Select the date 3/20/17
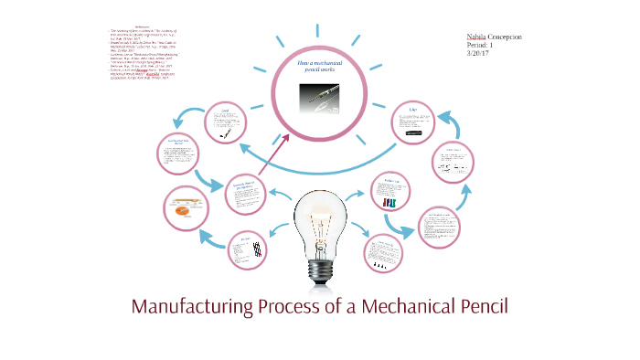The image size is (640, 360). (479, 54)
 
